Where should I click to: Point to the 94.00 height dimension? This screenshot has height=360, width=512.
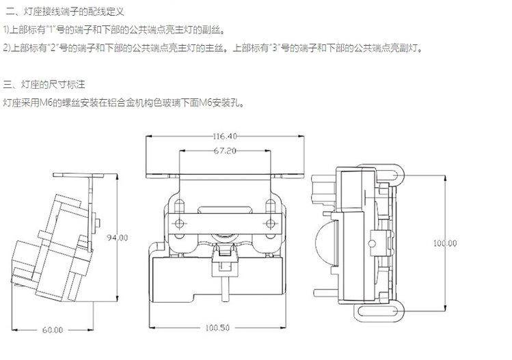[118, 238]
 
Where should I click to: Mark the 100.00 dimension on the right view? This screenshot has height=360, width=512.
[446, 243]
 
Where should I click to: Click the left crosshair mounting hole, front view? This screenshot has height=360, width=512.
[178, 224]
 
